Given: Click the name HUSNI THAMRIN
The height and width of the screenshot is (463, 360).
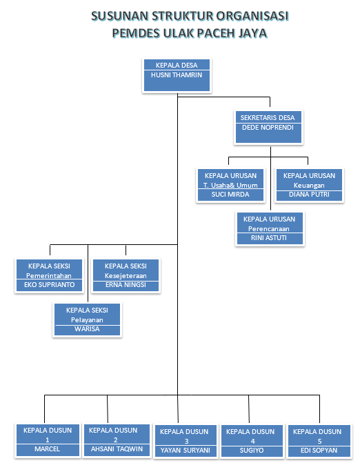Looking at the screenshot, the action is pyautogui.click(x=177, y=75).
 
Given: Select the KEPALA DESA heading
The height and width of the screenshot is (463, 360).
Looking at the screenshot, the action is pyautogui.click(x=177, y=66).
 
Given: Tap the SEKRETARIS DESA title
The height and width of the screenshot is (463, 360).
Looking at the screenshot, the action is pyautogui.click(x=268, y=118).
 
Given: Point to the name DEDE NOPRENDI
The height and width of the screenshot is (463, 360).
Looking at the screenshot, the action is pyautogui.click(x=268, y=128).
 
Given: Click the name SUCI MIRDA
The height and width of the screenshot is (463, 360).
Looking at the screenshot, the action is pyautogui.click(x=230, y=195).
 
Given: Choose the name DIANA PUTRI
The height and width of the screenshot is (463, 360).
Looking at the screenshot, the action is pyautogui.click(x=309, y=195).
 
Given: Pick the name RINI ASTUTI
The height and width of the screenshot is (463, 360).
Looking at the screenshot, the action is pyautogui.click(x=269, y=237).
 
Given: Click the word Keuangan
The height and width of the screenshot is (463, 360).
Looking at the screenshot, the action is pyautogui.click(x=309, y=186).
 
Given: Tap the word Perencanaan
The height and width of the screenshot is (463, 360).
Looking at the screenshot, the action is pyautogui.click(x=269, y=229).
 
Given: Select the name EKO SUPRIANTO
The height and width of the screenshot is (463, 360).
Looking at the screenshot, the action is pyautogui.click(x=49, y=285).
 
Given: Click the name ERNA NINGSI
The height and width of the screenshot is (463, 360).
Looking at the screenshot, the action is pyautogui.click(x=126, y=285).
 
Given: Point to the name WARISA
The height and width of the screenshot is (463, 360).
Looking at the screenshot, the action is pyautogui.click(x=87, y=329).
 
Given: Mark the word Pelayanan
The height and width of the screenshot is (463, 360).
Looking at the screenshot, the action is pyautogui.click(x=87, y=320).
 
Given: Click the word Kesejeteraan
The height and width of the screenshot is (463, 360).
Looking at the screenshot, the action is pyautogui.click(x=126, y=276).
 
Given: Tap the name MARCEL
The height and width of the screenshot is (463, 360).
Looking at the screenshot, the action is pyautogui.click(x=47, y=449).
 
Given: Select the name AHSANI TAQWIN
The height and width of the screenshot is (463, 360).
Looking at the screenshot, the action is pyautogui.click(x=117, y=449).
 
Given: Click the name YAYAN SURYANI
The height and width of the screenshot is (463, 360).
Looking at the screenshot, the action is pyautogui.click(x=186, y=451).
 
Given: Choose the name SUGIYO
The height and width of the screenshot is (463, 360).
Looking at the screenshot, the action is pyautogui.click(x=252, y=451).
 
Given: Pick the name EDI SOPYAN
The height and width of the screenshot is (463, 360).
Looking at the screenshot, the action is pyautogui.click(x=319, y=451).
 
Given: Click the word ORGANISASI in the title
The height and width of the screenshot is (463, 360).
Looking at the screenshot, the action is pyautogui.click(x=252, y=16).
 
